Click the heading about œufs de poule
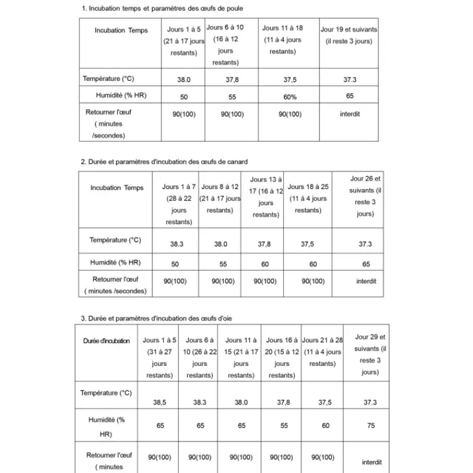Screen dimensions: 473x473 click(x=161, y=9)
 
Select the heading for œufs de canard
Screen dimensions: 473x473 click(x=164, y=161)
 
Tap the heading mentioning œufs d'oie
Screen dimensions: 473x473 click(x=156, y=318)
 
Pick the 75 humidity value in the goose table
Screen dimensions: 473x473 click(x=370, y=425)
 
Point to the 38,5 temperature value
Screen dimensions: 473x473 click(x=160, y=402)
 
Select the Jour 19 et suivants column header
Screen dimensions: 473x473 click(x=349, y=35)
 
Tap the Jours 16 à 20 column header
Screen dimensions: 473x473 click(x=282, y=358)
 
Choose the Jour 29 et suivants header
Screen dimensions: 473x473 click(x=370, y=354)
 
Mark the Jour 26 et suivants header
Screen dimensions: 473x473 click(x=365, y=196)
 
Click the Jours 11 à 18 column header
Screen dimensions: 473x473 click(x=283, y=40)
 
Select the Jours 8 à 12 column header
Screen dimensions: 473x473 click(x=220, y=198)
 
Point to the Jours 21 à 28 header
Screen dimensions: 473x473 click(x=322, y=352)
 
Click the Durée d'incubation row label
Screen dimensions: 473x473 click(x=106, y=341)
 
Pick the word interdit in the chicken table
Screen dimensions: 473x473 click(x=349, y=114)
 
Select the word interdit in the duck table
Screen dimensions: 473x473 click(x=366, y=281)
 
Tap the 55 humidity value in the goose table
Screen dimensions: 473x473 click(x=282, y=425)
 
